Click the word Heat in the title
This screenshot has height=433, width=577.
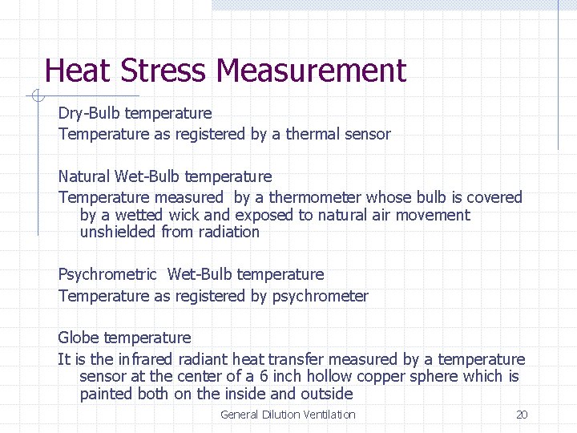pyautogui.click(x=79, y=71)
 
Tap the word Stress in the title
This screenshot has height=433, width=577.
pyautogui.click(x=165, y=71)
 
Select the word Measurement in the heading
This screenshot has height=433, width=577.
pyautogui.click(x=312, y=71)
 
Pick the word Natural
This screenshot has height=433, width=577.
pyautogui.click(x=84, y=176)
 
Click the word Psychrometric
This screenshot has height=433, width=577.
pyautogui.click(x=107, y=275)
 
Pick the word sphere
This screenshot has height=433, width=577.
pyautogui.click(x=438, y=376)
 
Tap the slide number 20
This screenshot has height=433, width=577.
pyautogui.click(x=522, y=415)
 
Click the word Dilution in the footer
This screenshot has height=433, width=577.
pyautogui.click(x=281, y=415)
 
